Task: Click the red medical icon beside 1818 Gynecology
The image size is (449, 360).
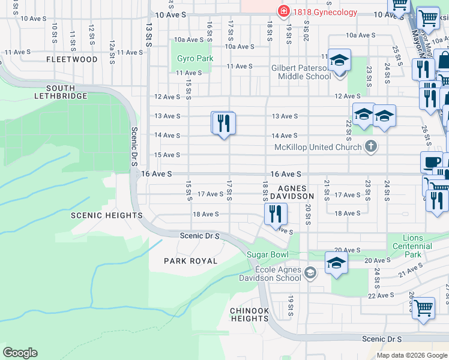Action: click(283, 11)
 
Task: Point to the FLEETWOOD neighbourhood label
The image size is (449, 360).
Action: click(72, 60)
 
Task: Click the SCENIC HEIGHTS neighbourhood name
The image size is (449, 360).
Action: click(107, 215)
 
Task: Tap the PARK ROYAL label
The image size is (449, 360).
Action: click(190, 261)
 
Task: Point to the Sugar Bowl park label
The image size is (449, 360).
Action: click(268, 254)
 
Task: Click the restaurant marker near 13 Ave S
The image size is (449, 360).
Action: click(223, 124)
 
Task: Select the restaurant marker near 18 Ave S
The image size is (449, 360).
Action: click(276, 214)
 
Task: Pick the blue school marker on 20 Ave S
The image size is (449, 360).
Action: click(336, 263)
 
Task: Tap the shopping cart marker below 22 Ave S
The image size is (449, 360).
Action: click(424, 308)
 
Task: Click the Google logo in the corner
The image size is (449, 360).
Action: click(20, 353)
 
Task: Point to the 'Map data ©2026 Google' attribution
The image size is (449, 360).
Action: click(411, 355)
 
